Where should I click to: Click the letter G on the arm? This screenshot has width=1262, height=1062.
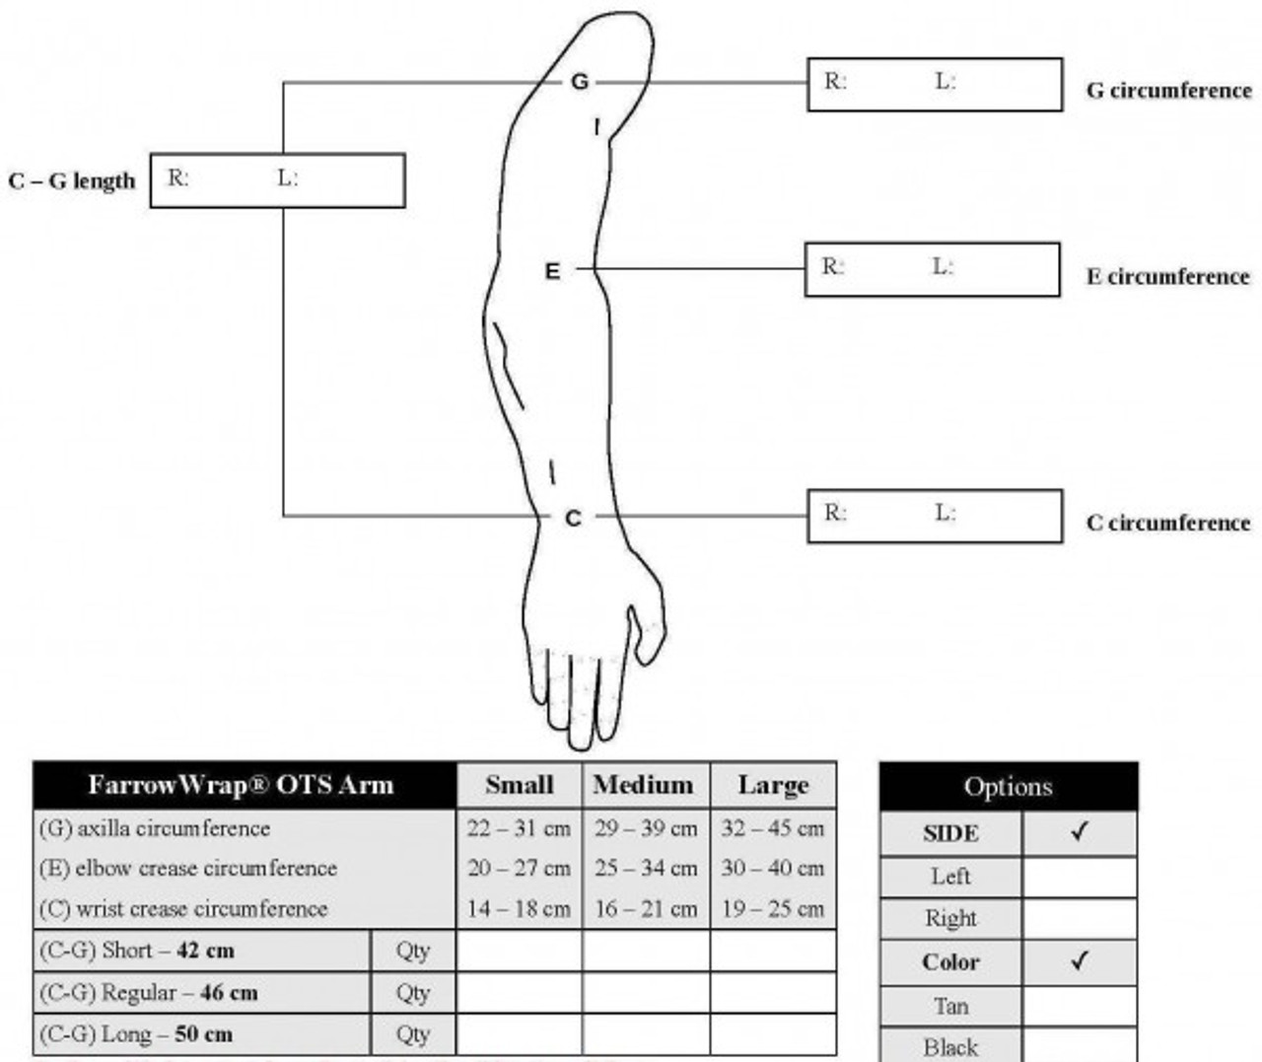(x=580, y=82)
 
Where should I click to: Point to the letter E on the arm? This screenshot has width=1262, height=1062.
(x=553, y=270)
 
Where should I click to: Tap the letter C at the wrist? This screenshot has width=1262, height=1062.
(x=573, y=518)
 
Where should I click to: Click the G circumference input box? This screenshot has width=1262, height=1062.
(x=935, y=85)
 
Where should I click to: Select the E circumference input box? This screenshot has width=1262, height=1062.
(x=933, y=269)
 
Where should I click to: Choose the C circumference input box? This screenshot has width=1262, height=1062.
(x=935, y=516)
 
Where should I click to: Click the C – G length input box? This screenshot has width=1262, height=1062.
(x=277, y=180)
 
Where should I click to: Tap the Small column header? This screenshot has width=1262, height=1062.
(x=520, y=785)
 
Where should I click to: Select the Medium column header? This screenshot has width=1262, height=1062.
(x=644, y=785)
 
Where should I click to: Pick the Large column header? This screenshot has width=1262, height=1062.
(x=773, y=785)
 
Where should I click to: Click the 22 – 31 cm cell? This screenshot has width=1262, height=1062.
(x=520, y=828)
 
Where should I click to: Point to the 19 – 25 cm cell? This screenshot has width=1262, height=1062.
(x=773, y=908)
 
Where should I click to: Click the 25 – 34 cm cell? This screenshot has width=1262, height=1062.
(x=646, y=869)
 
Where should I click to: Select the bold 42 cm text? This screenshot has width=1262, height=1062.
(x=205, y=951)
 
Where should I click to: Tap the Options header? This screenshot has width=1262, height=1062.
(x=1008, y=787)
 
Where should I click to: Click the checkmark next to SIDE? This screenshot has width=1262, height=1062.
(x=1080, y=833)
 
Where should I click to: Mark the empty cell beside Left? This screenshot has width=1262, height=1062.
(x=1080, y=877)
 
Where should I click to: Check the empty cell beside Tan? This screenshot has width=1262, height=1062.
(x=1080, y=1007)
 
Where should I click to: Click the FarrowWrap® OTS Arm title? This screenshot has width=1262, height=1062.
(x=242, y=785)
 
